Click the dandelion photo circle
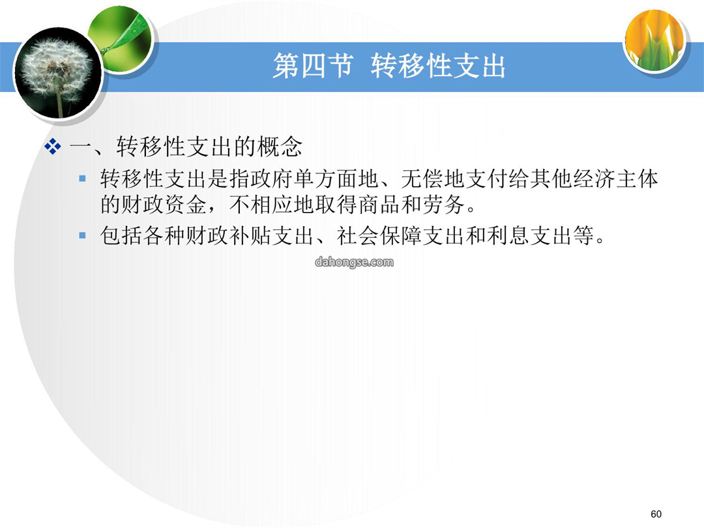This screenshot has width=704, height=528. click(58, 73)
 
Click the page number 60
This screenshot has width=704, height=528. click(656, 514)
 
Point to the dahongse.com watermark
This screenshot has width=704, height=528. click(354, 262)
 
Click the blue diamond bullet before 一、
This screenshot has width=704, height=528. click(53, 147)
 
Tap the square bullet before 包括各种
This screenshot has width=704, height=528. click(82, 235)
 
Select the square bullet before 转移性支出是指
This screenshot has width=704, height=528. click(82, 179)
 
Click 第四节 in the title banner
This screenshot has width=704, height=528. click(312, 66)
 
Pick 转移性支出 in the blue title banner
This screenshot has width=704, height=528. click(438, 66)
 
